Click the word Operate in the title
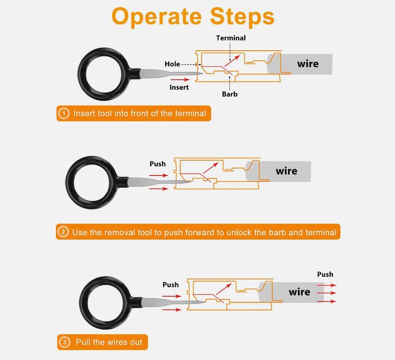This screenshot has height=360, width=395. (x=157, y=16)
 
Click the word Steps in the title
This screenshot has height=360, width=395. (x=242, y=16)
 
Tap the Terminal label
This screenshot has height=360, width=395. (x=231, y=38)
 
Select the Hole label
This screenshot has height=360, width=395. (x=172, y=64)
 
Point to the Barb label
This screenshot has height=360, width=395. (x=229, y=94)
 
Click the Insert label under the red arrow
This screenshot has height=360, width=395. (x=179, y=87)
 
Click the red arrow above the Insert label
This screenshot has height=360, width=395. (x=180, y=80)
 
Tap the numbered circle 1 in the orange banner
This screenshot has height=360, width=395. (x=64, y=114)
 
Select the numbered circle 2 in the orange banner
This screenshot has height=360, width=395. (x=63, y=232)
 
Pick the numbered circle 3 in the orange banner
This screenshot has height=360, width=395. (x=64, y=342)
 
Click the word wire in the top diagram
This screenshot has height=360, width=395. (x=308, y=64)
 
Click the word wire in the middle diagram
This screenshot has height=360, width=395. (x=287, y=171)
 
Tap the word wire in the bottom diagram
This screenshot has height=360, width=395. (x=300, y=292)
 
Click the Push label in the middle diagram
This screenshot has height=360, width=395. (x=157, y=164)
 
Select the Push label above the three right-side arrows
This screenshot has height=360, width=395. (x=325, y=274)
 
